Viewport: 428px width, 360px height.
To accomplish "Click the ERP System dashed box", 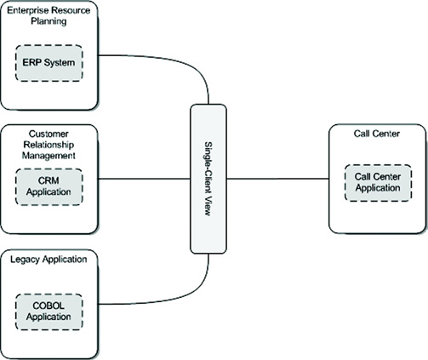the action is pos(49,63).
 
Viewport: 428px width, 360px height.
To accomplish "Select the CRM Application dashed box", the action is pos(49,186).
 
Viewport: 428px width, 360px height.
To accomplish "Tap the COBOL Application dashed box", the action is pos(49,311).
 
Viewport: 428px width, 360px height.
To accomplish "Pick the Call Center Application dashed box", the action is pos(378,183).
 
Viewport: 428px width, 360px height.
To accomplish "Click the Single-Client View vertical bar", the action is pos(208,179).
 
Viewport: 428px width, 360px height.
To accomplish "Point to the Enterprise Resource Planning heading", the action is pos(49,15).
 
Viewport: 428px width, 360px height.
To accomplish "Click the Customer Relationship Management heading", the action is pos(49,145).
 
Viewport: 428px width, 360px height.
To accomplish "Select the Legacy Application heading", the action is pos(49,260).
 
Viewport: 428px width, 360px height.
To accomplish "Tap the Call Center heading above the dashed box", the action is pos(377,134).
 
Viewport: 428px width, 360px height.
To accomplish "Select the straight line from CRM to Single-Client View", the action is pos(144,179).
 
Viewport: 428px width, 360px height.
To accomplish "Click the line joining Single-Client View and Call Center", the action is pos(277,179).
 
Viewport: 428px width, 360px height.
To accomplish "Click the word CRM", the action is pos(49,180).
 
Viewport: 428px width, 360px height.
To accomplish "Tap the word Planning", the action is pos(49,21).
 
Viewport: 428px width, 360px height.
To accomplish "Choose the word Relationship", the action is pos(49,145).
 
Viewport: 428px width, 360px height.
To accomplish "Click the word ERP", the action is pos(30,63).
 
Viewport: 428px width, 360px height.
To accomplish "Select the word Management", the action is pos(49,156).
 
